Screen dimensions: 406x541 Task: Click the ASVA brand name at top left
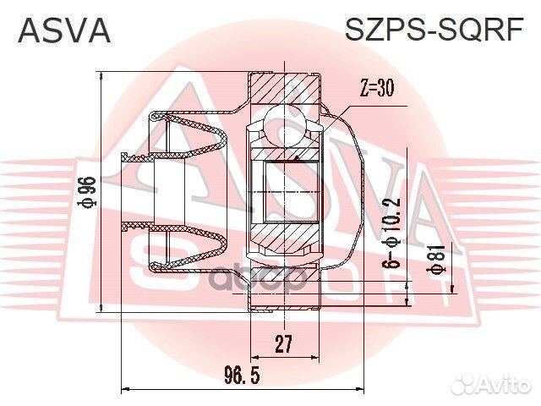pyautogui.click(x=64, y=31)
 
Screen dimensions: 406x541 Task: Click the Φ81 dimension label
pyautogui.click(x=438, y=258)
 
